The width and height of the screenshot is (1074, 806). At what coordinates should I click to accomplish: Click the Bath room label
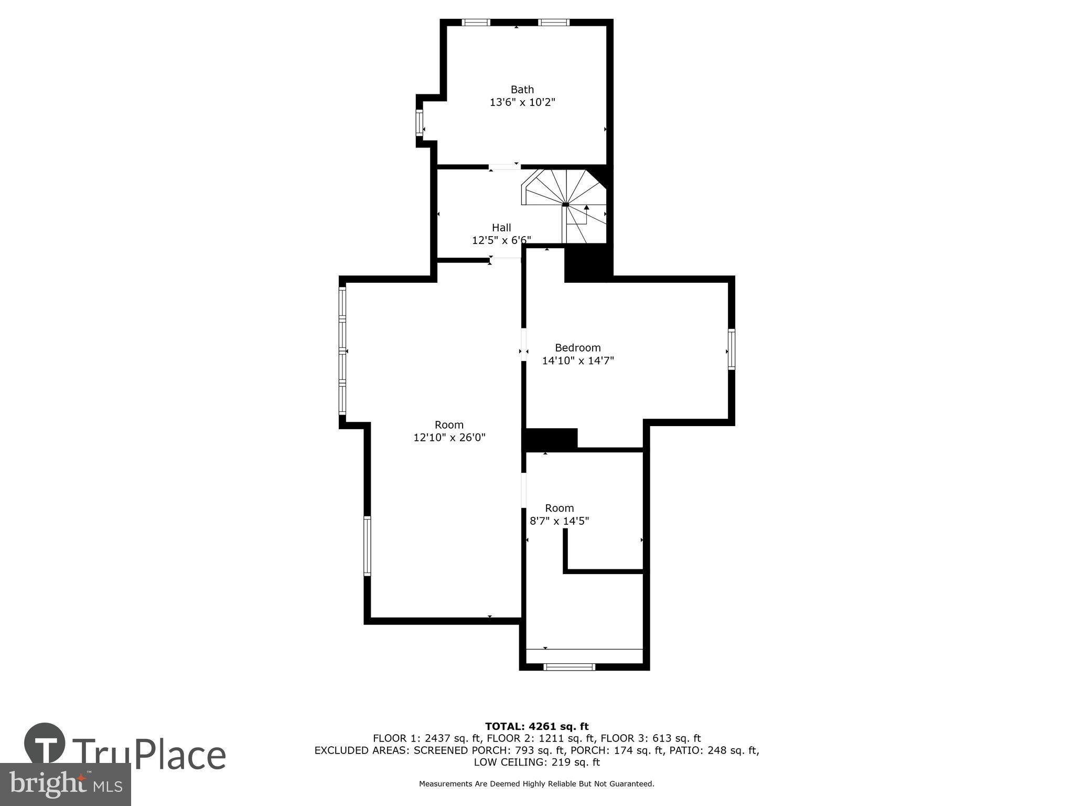[522, 89]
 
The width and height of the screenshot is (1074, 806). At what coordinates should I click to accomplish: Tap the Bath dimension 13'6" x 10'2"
[522, 102]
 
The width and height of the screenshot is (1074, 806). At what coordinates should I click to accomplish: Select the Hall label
[501, 228]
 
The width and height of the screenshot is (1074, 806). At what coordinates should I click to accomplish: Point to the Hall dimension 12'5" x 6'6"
[501, 240]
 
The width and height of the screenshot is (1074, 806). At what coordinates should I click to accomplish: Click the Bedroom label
[578, 348]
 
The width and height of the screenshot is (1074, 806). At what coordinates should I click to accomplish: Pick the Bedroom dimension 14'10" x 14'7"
[578, 361]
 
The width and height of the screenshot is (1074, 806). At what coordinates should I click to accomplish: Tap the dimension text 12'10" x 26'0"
[449, 438]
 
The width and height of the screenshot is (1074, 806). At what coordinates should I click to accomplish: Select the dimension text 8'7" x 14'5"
[560, 521]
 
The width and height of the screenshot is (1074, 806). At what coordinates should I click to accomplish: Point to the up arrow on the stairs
[587, 208]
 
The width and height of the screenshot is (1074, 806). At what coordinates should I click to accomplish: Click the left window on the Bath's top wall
[476, 23]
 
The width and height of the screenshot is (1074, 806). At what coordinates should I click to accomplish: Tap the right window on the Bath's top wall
[554, 23]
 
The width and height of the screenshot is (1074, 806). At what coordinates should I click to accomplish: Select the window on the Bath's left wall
[420, 123]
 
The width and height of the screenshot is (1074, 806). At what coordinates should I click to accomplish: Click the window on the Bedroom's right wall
[732, 349]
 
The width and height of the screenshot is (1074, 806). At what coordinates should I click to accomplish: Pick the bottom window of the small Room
[570, 667]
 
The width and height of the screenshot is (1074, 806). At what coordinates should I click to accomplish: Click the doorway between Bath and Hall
[504, 167]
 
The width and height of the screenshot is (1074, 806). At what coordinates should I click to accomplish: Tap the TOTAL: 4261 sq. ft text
[536, 727]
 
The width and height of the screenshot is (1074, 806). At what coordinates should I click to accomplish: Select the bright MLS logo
[65, 784]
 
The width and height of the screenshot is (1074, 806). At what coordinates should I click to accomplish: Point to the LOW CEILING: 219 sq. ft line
[536, 762]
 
